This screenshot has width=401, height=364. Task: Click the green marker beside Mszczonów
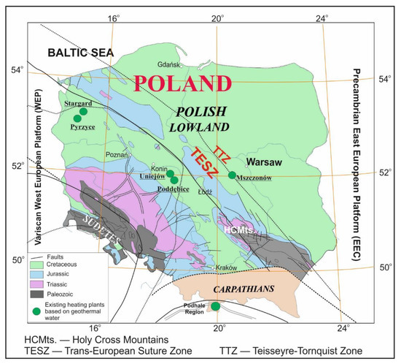click(x=232, y=175)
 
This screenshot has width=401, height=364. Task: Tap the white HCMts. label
click(x=240, y=230)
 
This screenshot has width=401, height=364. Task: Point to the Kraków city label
click(x=227, y=268)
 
